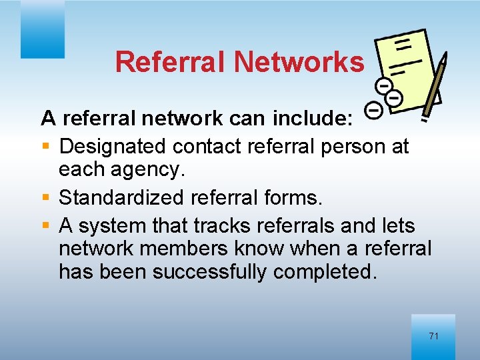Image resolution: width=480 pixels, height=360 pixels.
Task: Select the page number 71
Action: [433, 336]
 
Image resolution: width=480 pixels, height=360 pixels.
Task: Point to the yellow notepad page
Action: [405, 63]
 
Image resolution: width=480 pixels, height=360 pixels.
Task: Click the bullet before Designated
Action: [45, 145]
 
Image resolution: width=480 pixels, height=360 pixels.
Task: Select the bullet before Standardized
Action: [45, 196]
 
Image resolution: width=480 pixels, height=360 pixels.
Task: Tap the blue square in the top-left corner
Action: [42, 29]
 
